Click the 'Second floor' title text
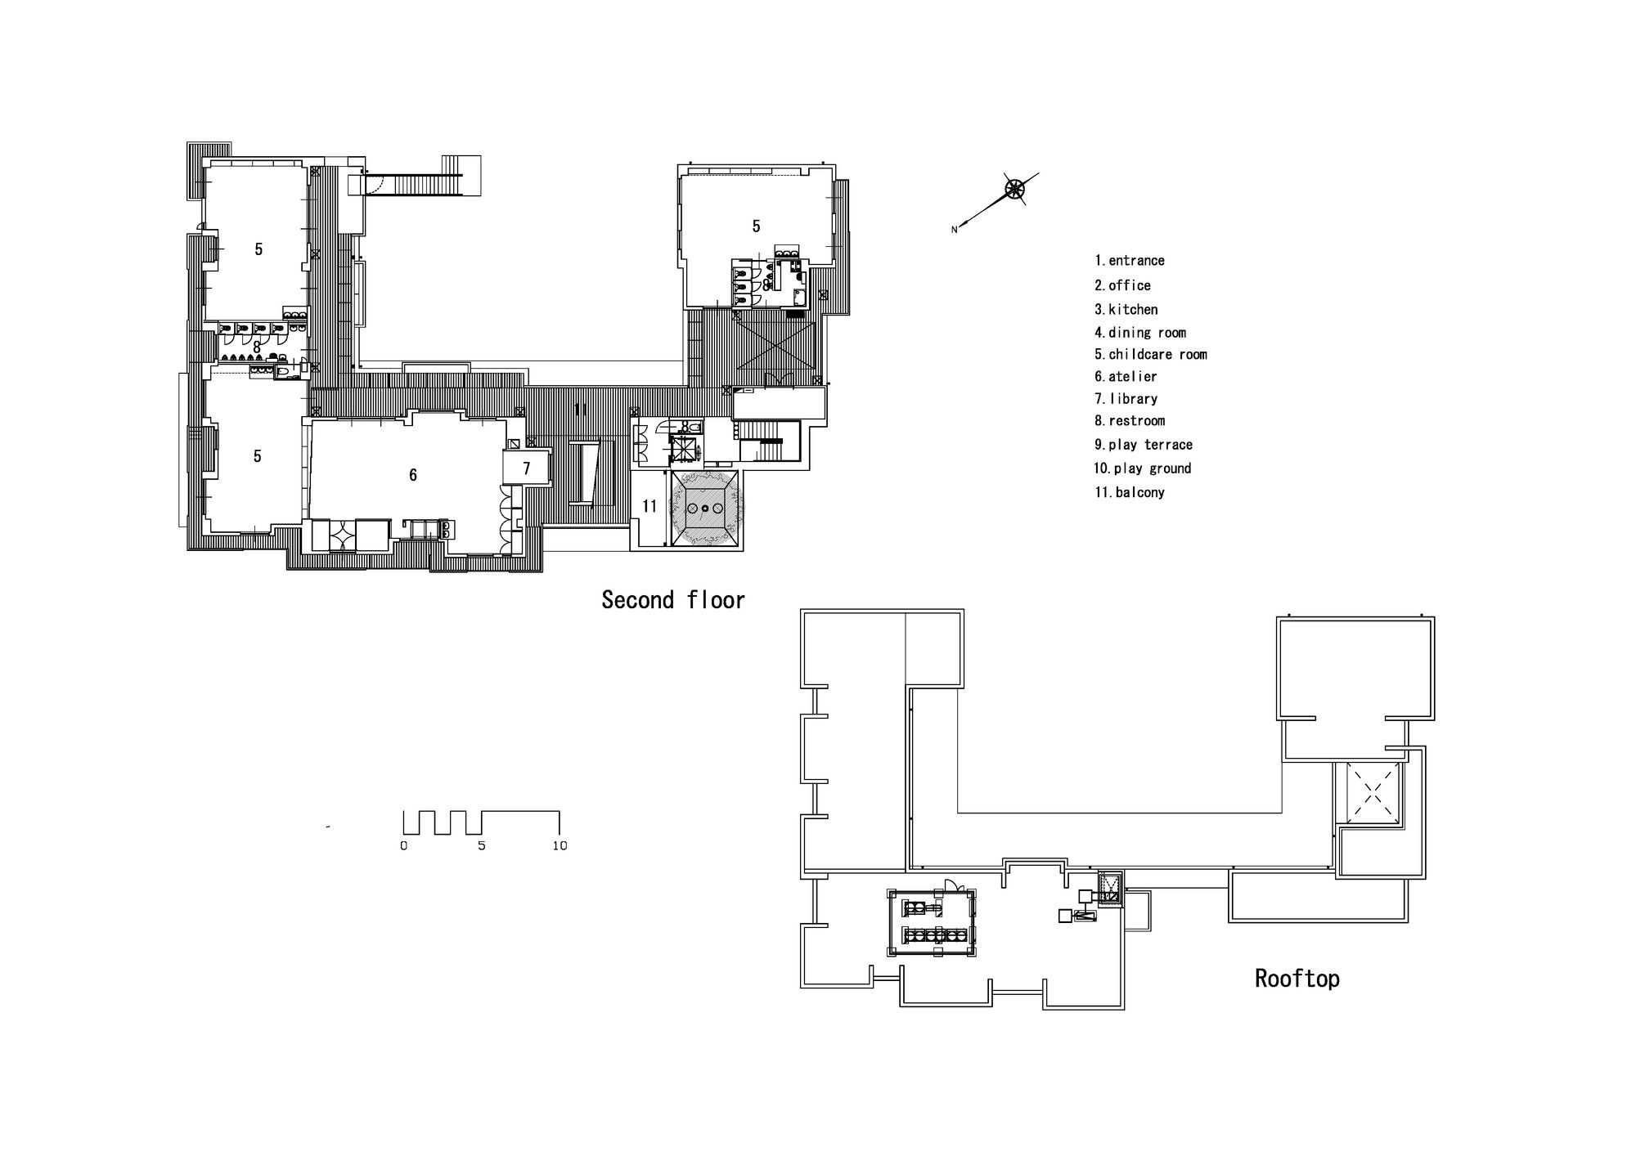(673, 600)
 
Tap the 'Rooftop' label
(1297, 979)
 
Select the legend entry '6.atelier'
(1126, 377)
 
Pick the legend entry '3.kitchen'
(1126, 310)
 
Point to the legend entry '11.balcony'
(1130, 492)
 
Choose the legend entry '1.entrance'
(1130, 261)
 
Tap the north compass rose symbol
(1014, 190)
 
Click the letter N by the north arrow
(954, 230)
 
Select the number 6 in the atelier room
(413, 475)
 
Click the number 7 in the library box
(527, 468)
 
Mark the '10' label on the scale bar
(560, 845)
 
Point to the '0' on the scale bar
(404, 845)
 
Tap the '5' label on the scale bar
(482, 845)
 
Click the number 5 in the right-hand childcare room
(757, 226)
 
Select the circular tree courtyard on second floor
(705, 508)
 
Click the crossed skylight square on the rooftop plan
(1368, 791)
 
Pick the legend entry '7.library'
(1126, 399)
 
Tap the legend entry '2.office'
(1123, 285)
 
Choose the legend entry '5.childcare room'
(1151, 355)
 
